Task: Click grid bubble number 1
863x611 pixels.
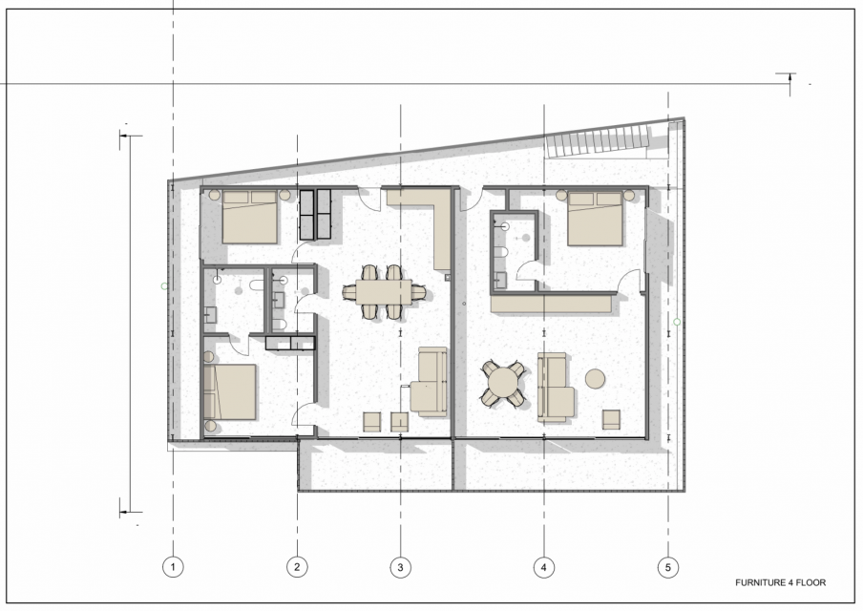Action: (x=174, y=567)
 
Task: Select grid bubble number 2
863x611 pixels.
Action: (x=297, y=567)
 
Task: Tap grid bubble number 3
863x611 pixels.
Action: (x=400, y=567)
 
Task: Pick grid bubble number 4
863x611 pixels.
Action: (x=544, y=567)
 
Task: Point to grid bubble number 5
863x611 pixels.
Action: (x=668, y=567)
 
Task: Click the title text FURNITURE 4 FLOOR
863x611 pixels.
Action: (x=781, y=582)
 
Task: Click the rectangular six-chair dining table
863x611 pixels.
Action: (x=384, y=292)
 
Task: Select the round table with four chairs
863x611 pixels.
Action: (x=503, y=383)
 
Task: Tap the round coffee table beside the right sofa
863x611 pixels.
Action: (x=595, y=379)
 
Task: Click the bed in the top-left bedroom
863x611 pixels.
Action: (x=249, y=217)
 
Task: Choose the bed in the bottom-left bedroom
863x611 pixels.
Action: (x=229, y=392)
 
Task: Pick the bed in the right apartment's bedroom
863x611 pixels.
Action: (x=595, y=219)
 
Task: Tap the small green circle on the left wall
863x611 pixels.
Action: (x=164, y=286)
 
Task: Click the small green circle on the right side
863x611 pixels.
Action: (x=677, y=322)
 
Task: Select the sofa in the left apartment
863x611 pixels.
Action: (x=430, y=382)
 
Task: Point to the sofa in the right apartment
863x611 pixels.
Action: (x=555, y=388)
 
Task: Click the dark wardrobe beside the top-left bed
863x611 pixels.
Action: (x=315, y=214)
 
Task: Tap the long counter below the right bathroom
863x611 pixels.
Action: (x=552, y=304)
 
